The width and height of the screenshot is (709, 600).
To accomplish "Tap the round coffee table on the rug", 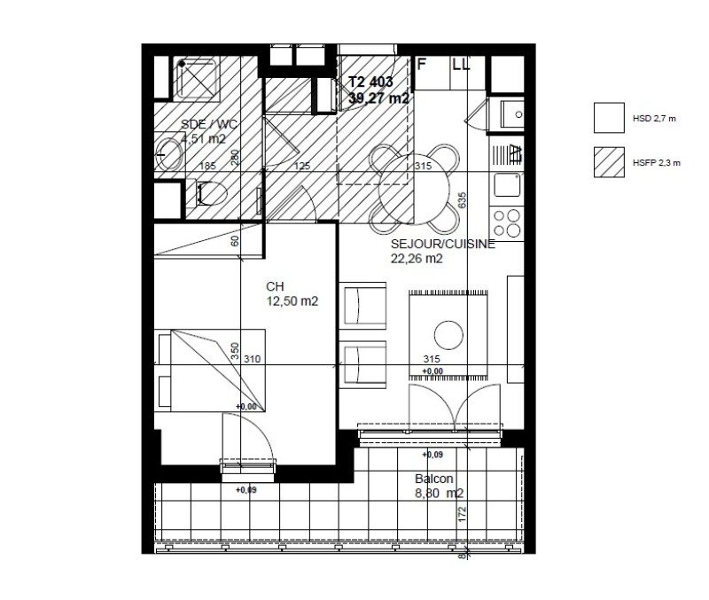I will pos(448,333).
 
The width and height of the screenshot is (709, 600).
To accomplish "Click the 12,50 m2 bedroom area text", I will pos(292,301).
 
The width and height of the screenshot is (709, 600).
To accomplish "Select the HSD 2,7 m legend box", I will pos(608,116).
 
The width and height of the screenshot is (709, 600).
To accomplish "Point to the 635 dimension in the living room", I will pos(462,201).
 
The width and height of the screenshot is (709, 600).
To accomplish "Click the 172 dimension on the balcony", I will pos(462,515).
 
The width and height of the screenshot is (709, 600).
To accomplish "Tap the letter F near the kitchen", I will pos(422,64).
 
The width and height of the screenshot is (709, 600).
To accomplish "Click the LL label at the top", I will pos(461,64).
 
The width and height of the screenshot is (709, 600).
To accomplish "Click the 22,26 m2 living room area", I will pos(417,259).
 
